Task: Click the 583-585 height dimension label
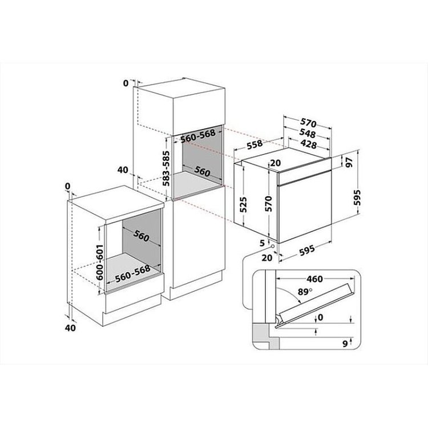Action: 166,168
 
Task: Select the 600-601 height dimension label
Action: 100,262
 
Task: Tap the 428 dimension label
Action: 308,144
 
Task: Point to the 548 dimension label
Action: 308,133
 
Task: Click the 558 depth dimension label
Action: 255,144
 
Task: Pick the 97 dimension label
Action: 349,162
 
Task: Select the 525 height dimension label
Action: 243,204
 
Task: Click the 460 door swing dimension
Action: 314,279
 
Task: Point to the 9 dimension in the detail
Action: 345,344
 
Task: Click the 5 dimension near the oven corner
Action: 263,243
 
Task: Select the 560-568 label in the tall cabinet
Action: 198,136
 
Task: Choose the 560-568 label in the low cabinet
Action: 132,273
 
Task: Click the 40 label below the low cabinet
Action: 70,328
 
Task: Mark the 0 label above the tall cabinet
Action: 126,83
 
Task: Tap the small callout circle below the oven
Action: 272,246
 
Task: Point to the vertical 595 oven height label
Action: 357,197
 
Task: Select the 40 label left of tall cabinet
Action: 123,170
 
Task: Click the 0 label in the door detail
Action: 321,317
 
